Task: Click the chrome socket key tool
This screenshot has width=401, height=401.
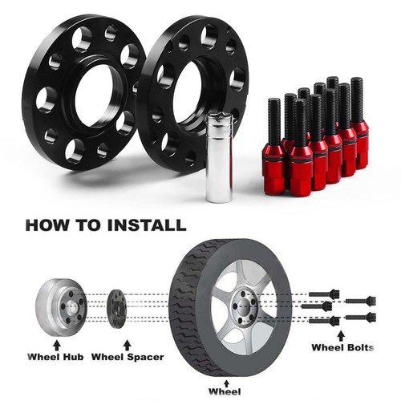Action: point(219,157)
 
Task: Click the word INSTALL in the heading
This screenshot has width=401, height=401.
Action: point(147,225)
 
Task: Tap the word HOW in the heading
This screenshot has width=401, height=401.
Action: point(47,225)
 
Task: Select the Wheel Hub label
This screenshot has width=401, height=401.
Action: point(55,357)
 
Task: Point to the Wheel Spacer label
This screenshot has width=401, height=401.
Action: point(128,357)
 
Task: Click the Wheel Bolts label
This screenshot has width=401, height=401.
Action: point(342,347)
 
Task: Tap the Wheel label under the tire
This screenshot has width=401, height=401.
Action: point(225,391)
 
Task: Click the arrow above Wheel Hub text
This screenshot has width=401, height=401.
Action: point(57,345)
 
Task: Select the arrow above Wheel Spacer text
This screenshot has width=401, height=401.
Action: point(128,345)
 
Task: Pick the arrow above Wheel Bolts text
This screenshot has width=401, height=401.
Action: point(341,336)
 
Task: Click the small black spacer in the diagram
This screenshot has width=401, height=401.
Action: point(116,308)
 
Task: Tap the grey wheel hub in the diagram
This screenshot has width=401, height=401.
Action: point(61,307)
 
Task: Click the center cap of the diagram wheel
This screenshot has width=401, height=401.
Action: point(243,307)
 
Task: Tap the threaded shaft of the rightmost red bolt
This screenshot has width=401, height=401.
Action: point(357,99)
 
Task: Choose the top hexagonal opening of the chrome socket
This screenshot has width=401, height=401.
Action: point(219,117)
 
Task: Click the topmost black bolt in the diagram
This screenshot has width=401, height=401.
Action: point(324,294)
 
